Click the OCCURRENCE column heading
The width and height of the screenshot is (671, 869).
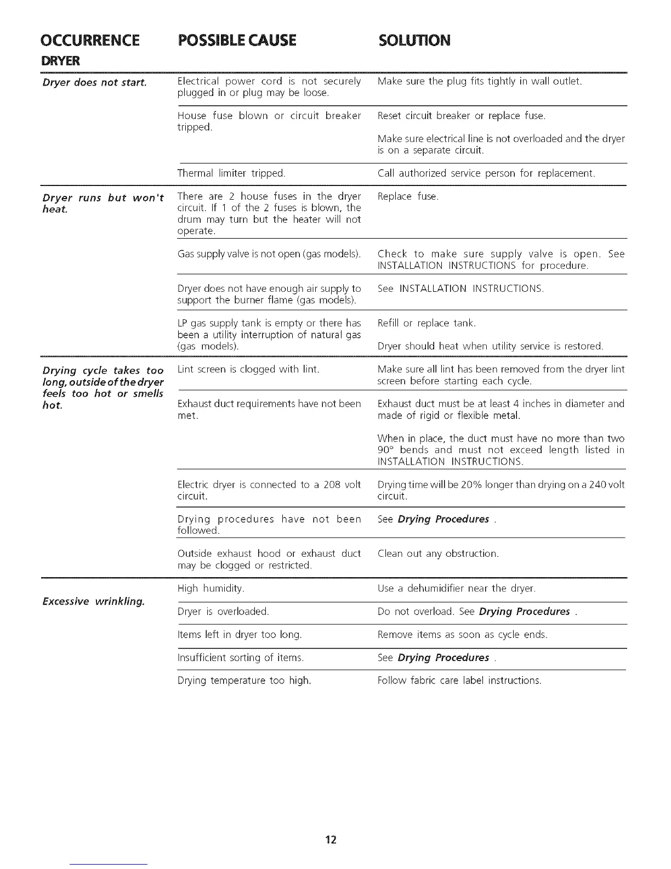pos(90,40)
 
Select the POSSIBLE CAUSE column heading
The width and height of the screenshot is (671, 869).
pos(237,40)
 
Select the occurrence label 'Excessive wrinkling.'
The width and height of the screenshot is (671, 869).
pos(94,602)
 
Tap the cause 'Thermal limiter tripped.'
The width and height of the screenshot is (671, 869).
pos(231,173)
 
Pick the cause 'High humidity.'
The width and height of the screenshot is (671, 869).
pos(211,589)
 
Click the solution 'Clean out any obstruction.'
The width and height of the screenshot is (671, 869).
pos(438,554)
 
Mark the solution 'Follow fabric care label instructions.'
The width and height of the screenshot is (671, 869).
pos(459,680)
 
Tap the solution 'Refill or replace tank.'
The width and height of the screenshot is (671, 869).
pos(427,323)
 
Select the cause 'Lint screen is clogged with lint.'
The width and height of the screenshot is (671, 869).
pos(248,369)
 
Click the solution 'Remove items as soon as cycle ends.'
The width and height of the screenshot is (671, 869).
pos(463,635)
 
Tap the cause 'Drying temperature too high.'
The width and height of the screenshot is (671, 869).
pos(244,680)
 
